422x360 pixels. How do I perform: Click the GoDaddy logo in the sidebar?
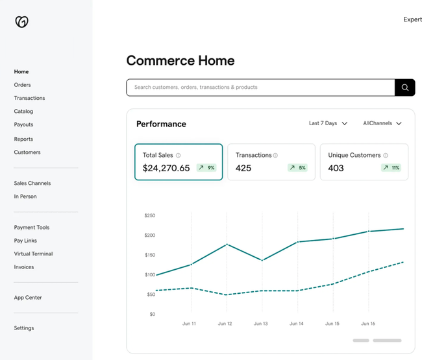click(21, 22)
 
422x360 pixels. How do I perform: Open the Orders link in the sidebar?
click(22, 85)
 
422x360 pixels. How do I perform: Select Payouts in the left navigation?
click(23, 125)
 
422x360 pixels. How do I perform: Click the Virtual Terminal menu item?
click(33, 254)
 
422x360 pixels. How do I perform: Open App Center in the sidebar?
click(28, 298)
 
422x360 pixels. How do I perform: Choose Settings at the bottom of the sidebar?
click(24, 328)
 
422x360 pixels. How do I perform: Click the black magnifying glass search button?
click(404, 88)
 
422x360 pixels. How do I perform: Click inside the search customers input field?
click(260, 88)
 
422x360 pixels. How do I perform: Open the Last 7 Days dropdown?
click(328, 123)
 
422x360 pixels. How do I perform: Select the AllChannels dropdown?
click(382, 123)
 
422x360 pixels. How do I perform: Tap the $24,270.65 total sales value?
click(166, 168)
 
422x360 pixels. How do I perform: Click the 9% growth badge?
click(206, 168)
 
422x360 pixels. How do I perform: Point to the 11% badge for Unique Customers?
click(391, 168)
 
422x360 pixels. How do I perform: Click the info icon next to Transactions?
click(275, 156)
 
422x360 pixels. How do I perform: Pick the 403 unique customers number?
click(336, 168)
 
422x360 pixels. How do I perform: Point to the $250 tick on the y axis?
click(149, 215)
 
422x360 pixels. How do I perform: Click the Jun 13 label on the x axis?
click(260, 324)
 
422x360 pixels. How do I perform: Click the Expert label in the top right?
click(412, 19)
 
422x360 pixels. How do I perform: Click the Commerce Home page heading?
click(180, 61)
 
